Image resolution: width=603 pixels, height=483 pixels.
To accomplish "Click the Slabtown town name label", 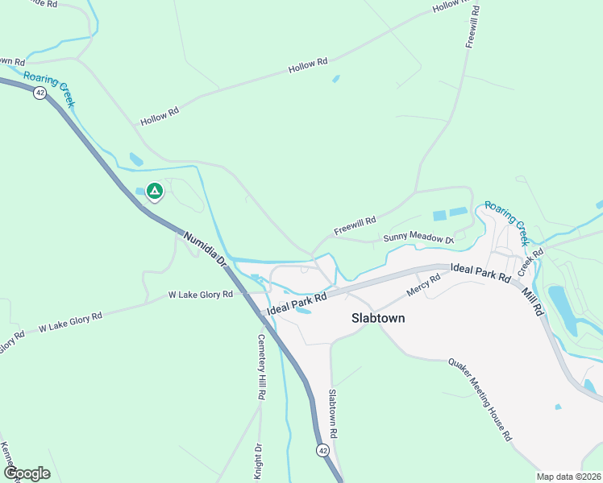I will [x=378, y=318].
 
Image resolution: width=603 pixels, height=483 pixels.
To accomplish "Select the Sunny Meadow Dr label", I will [x=418, y=237].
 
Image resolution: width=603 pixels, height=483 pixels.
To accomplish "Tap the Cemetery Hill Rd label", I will [x=261, y=365].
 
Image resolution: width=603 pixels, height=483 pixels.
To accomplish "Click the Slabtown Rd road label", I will [x=332, y=414].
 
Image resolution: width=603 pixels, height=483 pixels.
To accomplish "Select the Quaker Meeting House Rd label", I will [x=480, y=398].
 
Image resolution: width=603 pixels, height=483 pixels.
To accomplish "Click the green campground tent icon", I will [x=154, y=192].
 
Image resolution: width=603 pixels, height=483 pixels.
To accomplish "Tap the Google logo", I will [x=27, y=473].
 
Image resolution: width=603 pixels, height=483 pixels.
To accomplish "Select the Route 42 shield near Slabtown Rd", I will [x=322, y=450].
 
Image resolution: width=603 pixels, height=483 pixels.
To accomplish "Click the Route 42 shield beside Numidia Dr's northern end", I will [x=40, y=93].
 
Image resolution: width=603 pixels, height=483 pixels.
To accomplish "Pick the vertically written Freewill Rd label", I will [x=472, y=27].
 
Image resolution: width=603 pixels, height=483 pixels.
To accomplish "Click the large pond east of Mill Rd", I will [x=562, y=309].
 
